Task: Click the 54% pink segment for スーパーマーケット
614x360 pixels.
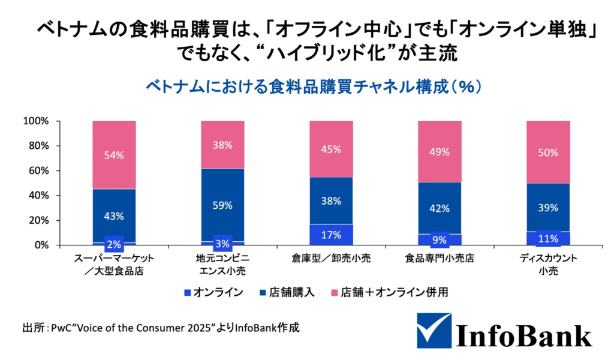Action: click(114, 155)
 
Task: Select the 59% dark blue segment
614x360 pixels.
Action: click(222, 205)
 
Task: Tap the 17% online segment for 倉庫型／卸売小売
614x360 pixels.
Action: click(331, 235)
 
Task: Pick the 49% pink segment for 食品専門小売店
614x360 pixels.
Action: click(440, 151)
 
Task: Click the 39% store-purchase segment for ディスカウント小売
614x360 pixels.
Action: click(548, 208)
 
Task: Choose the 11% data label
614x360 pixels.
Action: click(548, 239)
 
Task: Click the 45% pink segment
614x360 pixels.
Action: click(331, 149)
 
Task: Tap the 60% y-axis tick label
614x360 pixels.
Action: click(39, 171)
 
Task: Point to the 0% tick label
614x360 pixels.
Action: click(41, 245)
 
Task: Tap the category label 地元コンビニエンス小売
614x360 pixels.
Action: click(222, 265)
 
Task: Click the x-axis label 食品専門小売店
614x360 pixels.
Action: click(440, 259)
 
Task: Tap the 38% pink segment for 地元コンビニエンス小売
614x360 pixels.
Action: click(222, 144)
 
